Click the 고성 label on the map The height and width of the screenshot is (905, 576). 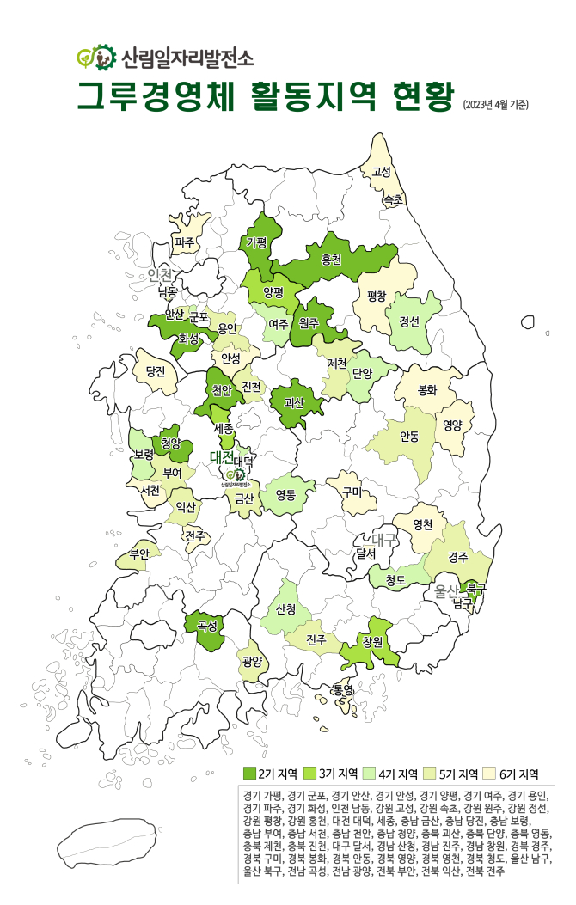pos(381,171)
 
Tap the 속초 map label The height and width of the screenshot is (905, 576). pos(394,200)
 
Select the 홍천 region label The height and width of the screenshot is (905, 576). pos(331,258)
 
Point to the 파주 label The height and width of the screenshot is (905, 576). pos(185,242)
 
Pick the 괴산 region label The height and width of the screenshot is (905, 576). pos(294,401)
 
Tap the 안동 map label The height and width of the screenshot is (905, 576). pos(409,437)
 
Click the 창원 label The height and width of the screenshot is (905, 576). pos(372,642)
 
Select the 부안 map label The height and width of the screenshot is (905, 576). pos(139,553)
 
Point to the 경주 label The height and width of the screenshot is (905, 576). pos(458,557)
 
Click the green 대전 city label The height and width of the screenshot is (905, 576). pos(222,456)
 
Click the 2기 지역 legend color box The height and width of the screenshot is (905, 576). pos(250,774)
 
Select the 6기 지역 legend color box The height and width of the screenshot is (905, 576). pos(489,774)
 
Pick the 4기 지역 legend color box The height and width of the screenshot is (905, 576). pos(370,774)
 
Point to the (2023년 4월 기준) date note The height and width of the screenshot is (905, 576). pos(495,105)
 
